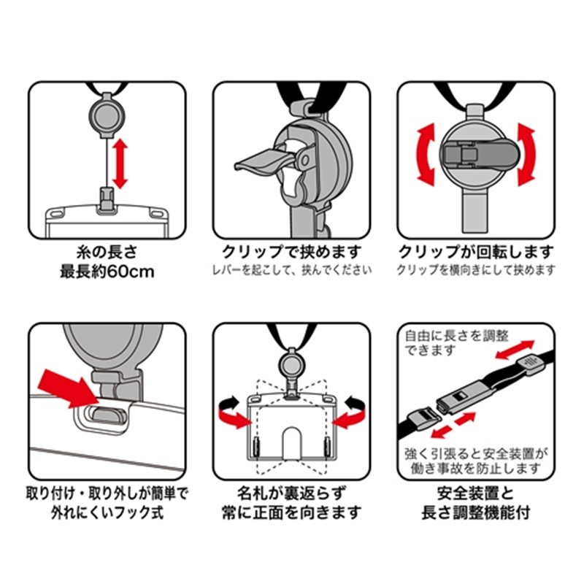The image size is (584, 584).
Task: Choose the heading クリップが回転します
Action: [476, 253]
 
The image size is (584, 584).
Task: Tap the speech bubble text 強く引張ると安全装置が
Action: [473, 452]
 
